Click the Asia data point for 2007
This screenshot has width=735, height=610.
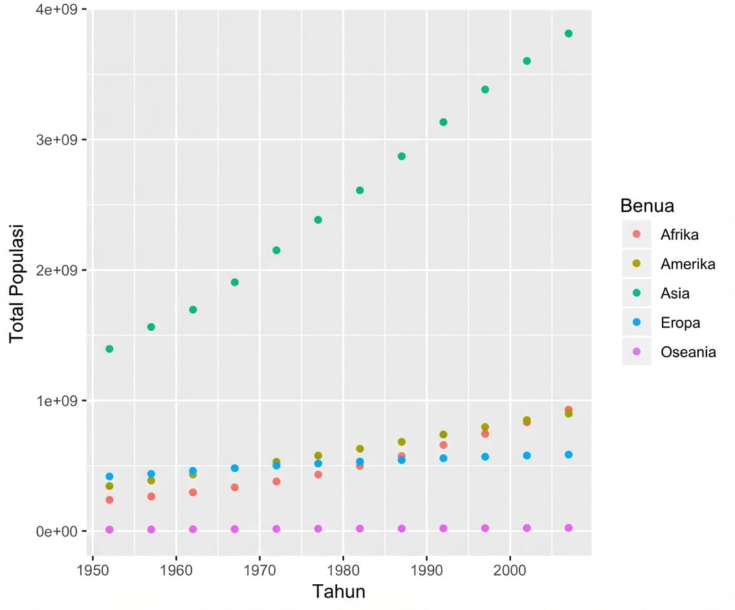568,34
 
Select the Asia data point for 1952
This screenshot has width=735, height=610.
109,349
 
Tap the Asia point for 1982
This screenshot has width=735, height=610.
360,190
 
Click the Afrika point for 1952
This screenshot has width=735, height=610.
109,500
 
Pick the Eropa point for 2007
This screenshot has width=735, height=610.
568,454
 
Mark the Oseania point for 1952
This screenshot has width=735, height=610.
109,529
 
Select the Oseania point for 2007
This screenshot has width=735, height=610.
568,528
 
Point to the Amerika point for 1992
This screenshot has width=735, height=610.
443,434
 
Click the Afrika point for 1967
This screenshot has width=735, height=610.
234,487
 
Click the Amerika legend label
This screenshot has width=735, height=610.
687,264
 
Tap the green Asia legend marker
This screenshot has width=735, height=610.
636,293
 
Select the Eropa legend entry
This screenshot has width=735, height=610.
679,323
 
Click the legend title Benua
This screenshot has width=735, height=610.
647,205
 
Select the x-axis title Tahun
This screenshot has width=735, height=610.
339,591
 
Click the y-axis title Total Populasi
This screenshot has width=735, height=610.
16,284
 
